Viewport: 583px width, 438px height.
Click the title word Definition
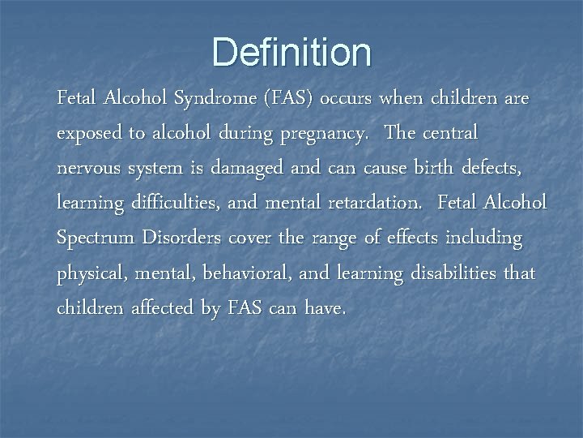(x=291, y=52)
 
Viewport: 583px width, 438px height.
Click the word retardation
(x=370, y=203)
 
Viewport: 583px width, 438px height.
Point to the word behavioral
(x=248, y=273)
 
